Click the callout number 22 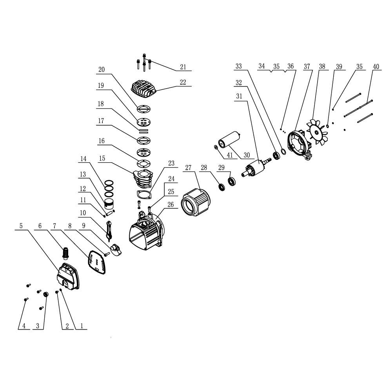pos(183,82)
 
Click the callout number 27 pos(188,167)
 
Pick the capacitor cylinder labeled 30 pos(228,140)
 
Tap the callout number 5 pos(21,226)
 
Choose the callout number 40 pos(376,67)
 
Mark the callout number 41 pos(230,155)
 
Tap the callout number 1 pos(82,326)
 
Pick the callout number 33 pos(239,67)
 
